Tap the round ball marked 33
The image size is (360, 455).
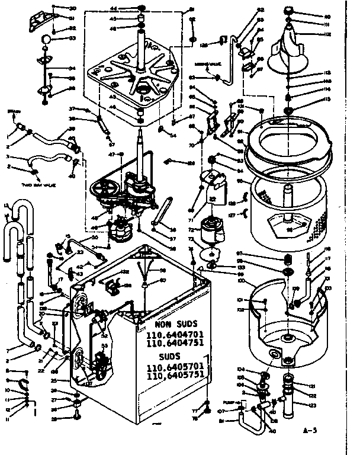click(46, 39)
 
